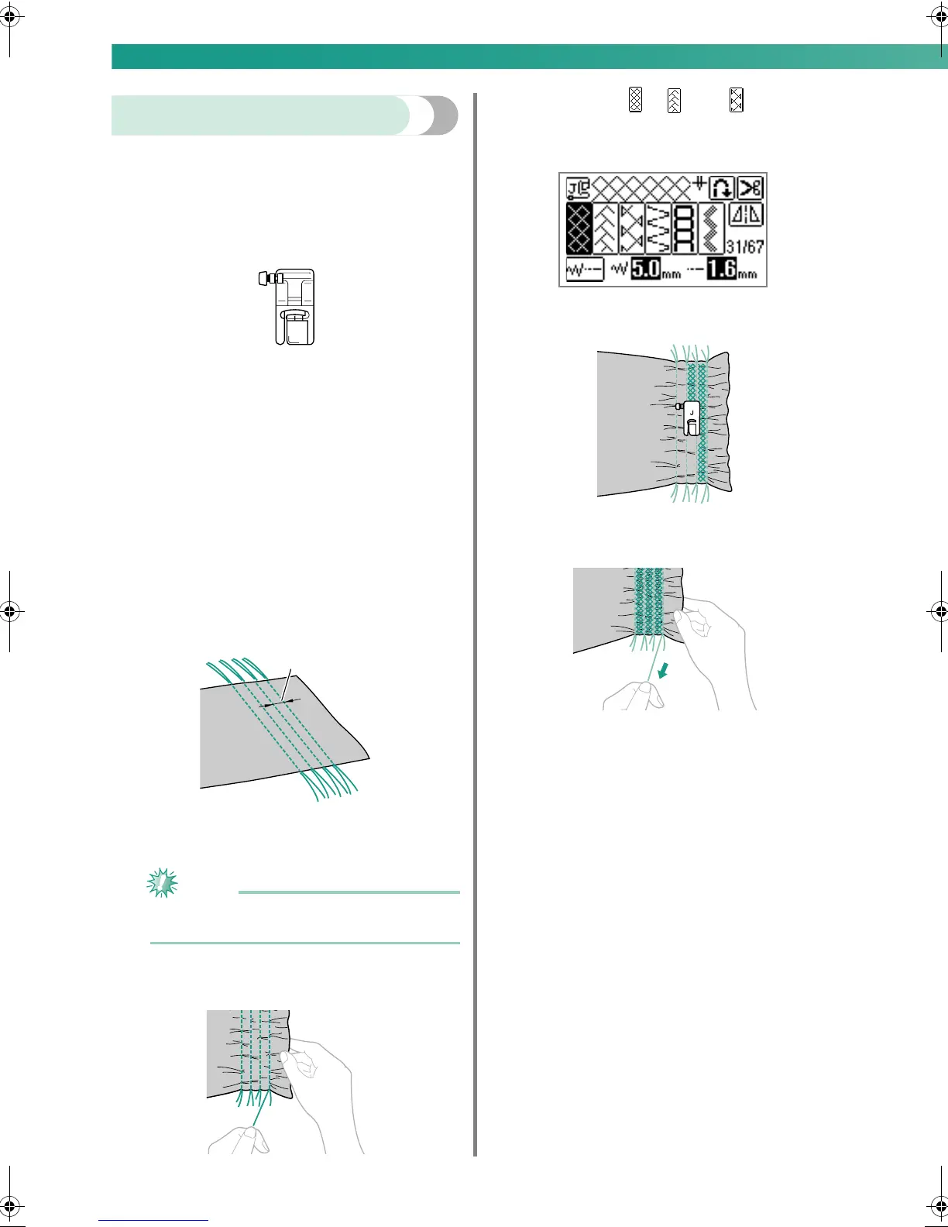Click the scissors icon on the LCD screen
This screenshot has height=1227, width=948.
pos(749,188)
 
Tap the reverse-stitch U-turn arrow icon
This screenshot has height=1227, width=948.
pos(722,188)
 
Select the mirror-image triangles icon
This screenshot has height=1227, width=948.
pos(746,216)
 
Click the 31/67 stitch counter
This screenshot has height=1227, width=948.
pos(745,246)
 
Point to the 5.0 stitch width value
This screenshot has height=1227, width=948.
pos(645,270)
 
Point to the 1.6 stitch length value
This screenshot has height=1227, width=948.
pos(720,270)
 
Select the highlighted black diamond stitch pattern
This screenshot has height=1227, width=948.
pos(579,229)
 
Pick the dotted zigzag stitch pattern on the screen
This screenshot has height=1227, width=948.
pos(712,229)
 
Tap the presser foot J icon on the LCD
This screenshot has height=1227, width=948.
pos(578,188)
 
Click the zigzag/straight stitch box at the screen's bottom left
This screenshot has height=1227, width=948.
pos(585,270)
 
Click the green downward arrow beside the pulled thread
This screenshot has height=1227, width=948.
pos(662,669)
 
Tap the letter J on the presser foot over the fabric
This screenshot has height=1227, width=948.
pos(692,412)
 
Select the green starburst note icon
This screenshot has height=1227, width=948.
pos(163,883)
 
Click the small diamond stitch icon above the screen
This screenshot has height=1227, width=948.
pos(635,100)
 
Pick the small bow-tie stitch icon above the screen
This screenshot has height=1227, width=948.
pos(737,100)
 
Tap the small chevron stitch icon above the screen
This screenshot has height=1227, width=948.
pos(674,100)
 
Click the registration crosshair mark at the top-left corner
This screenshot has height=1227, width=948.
pos(9,16)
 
